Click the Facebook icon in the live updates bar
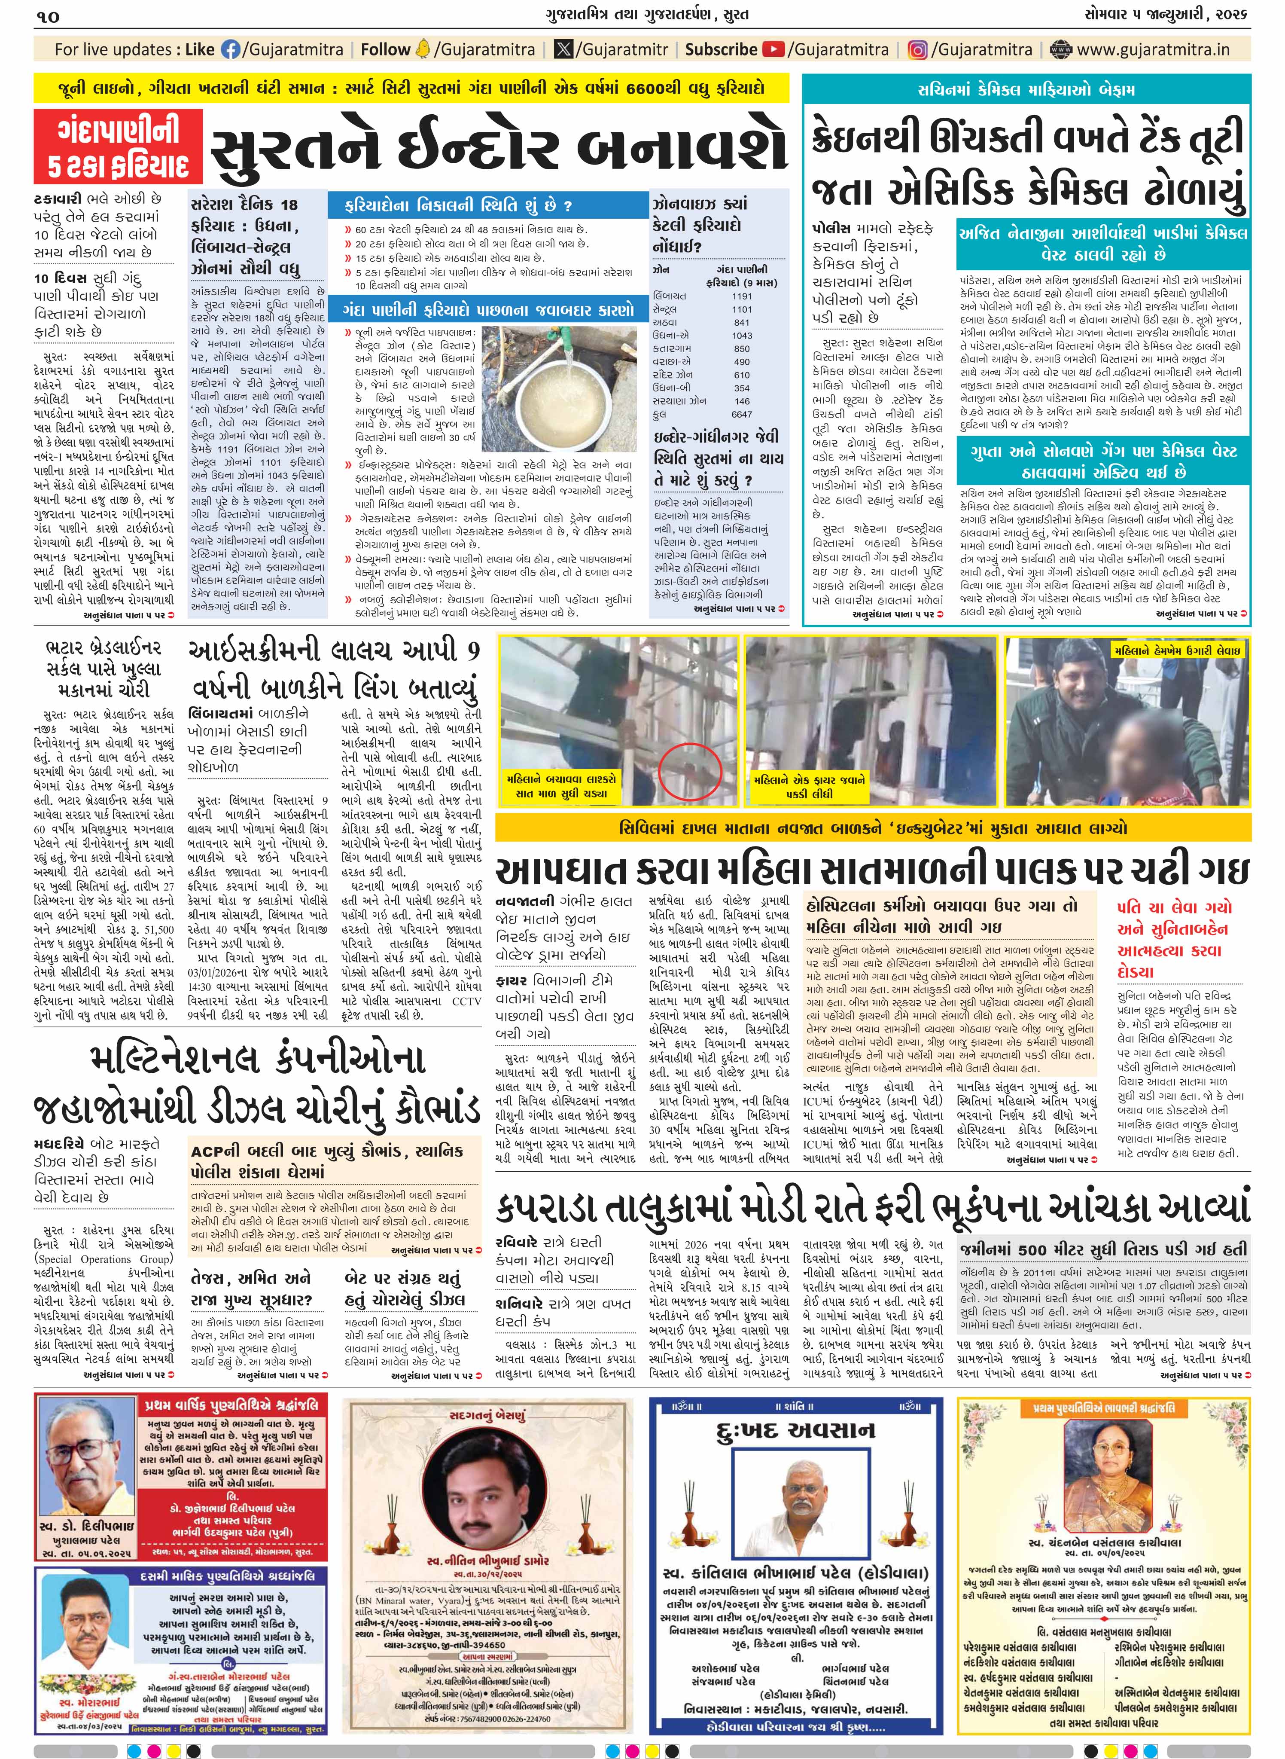coord(231,50)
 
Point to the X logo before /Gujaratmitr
coord(564,50)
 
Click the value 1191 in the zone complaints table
coord(742,296)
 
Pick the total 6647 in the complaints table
coord(742,415)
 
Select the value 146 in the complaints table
coord(742,401)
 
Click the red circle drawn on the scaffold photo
coord(691,771)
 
